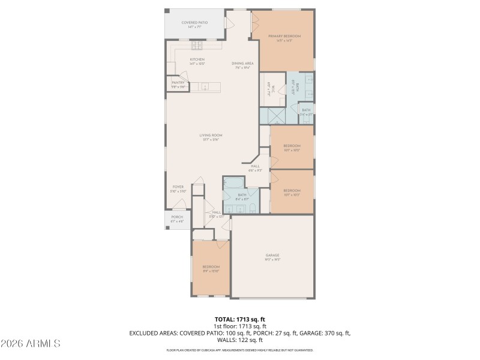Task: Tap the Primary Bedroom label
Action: tap(284, 37)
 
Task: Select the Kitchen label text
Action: tap(197, 59)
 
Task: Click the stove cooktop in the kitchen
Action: tap(197, 45)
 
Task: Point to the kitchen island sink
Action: tap(204, 87)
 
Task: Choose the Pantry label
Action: tap(178, 83)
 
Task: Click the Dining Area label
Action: tap(243, 63)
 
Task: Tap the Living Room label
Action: tap(211, 136)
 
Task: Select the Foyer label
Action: tap(178, 187)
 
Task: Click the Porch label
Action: tap(177, 217)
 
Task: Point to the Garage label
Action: tap(272, 256)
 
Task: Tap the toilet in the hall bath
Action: tap(252, 208)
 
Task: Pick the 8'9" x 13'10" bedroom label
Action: tap(211, 267)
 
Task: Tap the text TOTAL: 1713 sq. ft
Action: tap(239, 319)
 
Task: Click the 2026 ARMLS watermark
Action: tap(30, 344)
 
